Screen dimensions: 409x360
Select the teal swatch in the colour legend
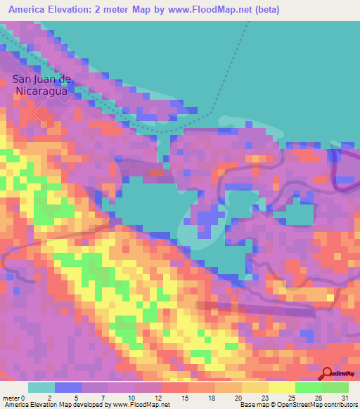click(41, 387)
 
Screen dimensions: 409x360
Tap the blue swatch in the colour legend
click(68, 387)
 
